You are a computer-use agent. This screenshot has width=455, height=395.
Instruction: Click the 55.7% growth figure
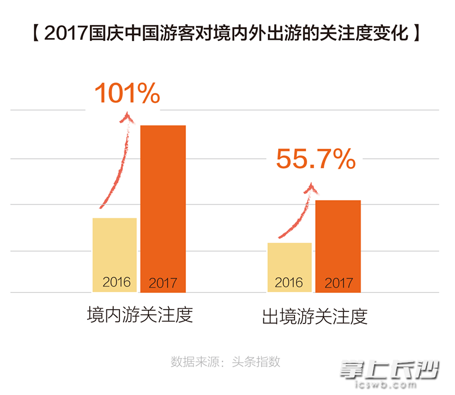point(316,160)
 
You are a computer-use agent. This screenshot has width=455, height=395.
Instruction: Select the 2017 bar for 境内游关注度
point(163,208)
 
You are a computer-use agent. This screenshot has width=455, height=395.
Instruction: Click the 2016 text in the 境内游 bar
point(117,282)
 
